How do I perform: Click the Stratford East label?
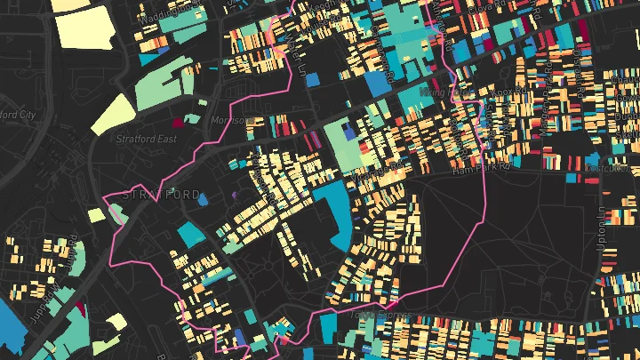[x=147, y=139]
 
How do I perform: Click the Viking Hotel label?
[x=447, y=92]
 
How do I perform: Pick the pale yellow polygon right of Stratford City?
[x=113, y=112]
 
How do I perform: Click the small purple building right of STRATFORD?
[x=235, y=195]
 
